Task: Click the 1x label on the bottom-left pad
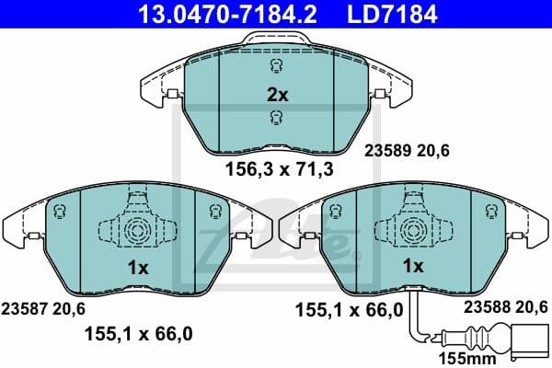[137, 266]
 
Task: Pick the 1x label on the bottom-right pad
[413, 266]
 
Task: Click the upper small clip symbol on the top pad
[277, 66]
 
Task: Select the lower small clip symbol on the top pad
[277, 117]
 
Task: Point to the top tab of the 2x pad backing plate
[277, 39]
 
